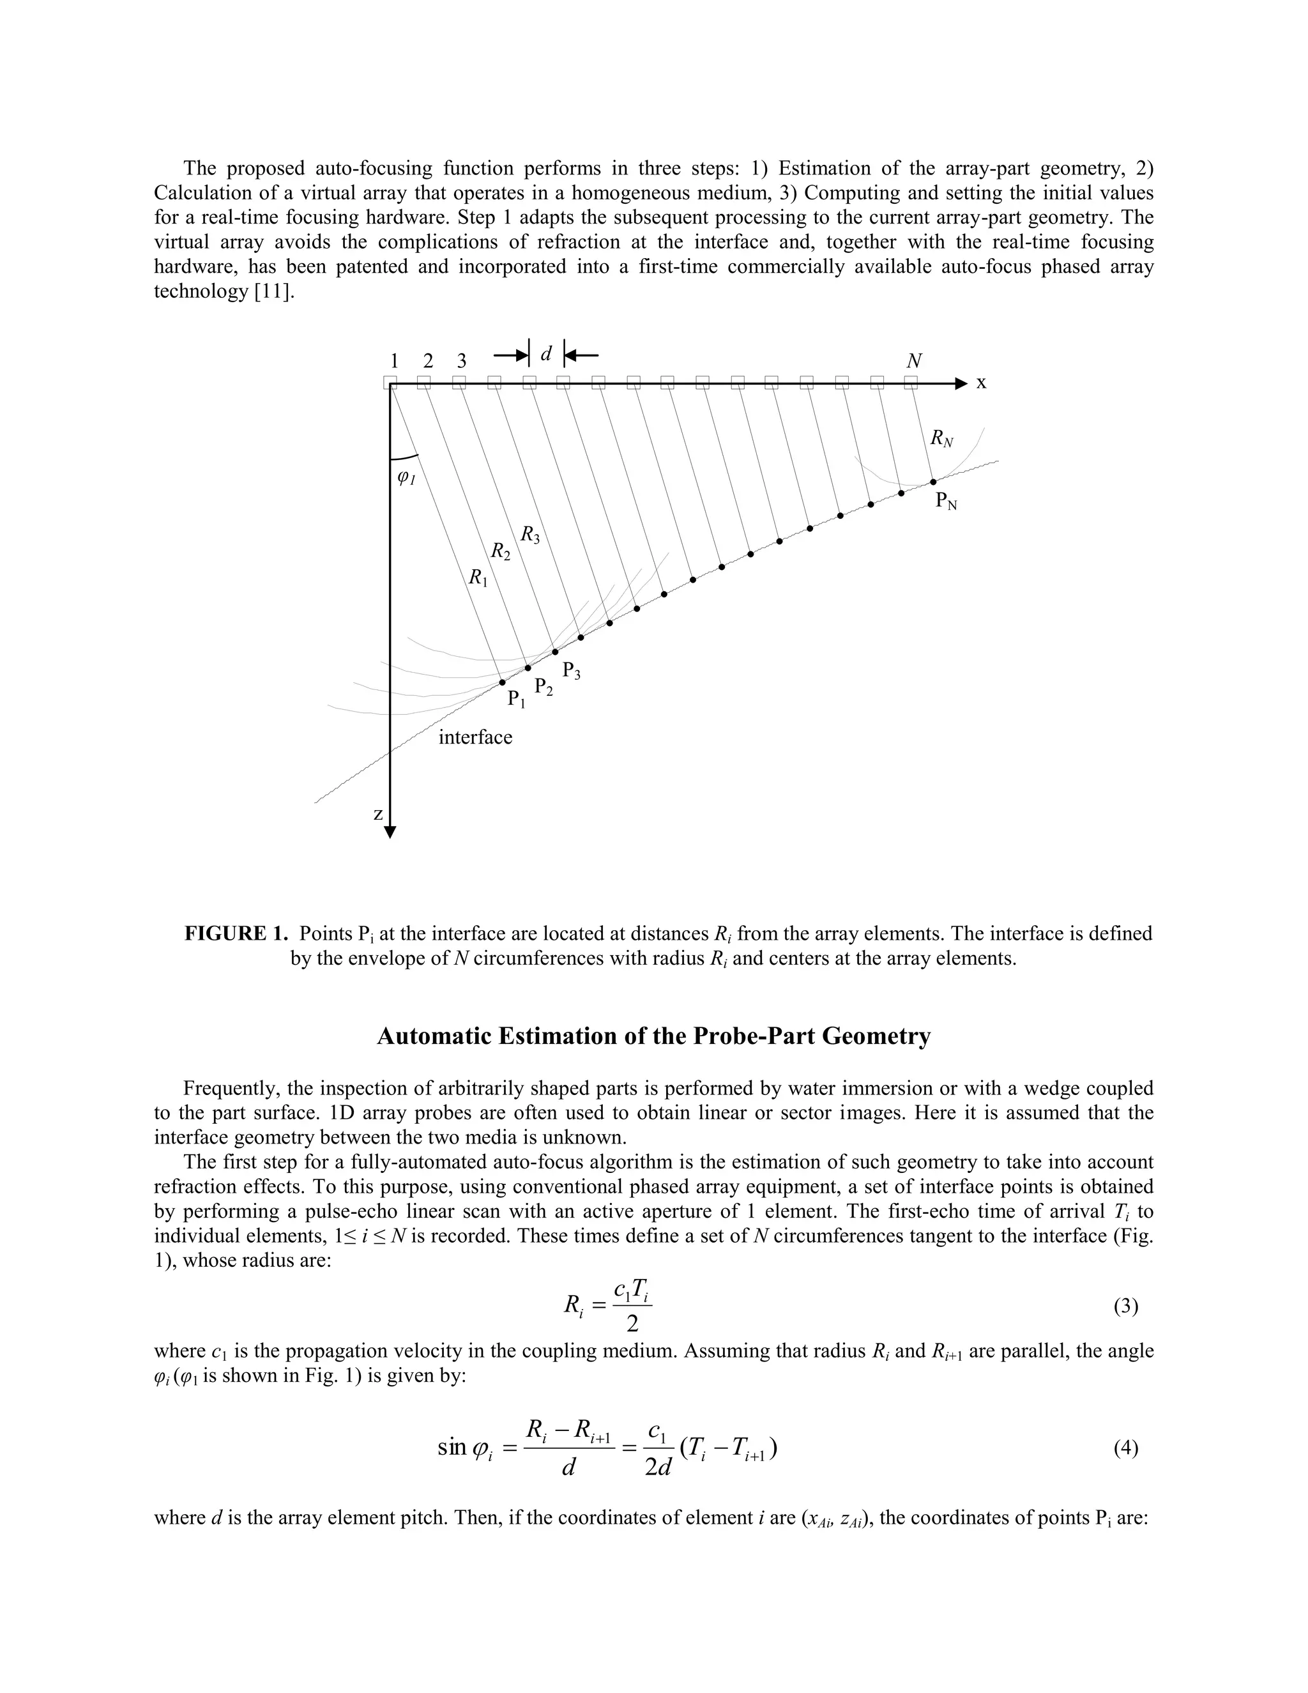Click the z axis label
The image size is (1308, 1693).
pyautogui.click(x=378, y=814)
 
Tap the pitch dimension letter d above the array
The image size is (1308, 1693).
pyautogui.click(x=545, y=355)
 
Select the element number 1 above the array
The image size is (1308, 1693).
pyautogui.click(x=395, y=361)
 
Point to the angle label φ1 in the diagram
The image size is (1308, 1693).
pyautogui.click(x=406, y=479)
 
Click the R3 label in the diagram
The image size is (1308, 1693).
pyautogui.click(x=530, y=535)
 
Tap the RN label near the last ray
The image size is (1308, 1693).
pyautogui.click(x=941, y=439)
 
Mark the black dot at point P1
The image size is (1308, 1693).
pyautogui.click(x=503, y=682)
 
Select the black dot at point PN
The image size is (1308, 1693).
pyautogui.click(x=933, y=482)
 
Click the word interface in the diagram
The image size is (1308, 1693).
pyautogui.click(x=475, y=737)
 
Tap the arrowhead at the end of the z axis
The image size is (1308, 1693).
pyautogui.click(x=390, y=832)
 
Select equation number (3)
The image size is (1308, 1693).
pyautogui.click(x=1125, y=1307)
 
